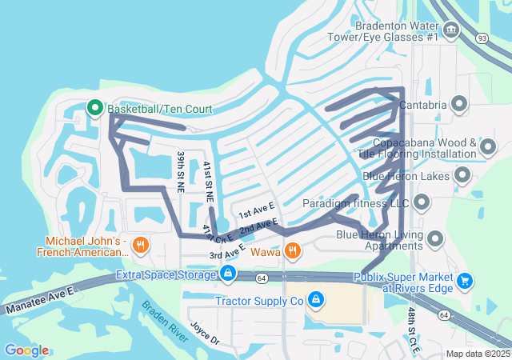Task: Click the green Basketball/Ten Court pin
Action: (x=94, y=108)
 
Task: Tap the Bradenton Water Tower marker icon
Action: (x=452, y=31)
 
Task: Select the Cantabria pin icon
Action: (x=459, y=103)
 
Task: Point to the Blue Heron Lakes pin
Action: (x=462, y=174)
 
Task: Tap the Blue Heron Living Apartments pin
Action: (x=436, y=239)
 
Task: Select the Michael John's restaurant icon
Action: (x=141, y=246)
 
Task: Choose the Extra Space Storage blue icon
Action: (x=228, y=274)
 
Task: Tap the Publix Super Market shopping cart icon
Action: (x=465, y=281)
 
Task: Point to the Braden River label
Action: (x=165, y=321)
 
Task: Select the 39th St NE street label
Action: (x=181, y=171)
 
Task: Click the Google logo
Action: (x=26, y=350)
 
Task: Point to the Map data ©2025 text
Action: (x=477, y=354)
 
